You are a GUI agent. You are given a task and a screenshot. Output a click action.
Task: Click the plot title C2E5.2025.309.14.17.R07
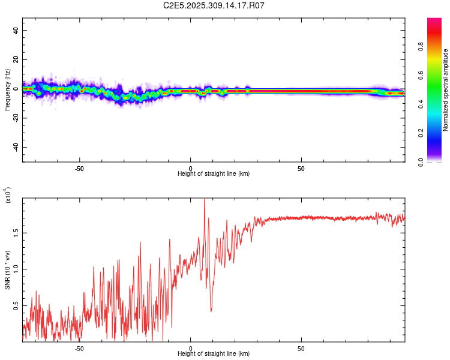pyautogui.click(x=214, y=5)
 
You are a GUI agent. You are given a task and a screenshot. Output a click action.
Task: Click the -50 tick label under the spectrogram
pyautogui.click(x=79, y=168)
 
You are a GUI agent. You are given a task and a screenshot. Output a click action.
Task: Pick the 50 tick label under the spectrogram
pyautogui.click(x=301, y=168)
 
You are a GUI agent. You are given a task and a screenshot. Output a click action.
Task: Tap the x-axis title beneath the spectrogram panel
pyautogui.click(x=214, y=174)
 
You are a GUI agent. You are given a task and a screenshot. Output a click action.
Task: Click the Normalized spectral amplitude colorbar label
pyautogui.click(x=446, y=90)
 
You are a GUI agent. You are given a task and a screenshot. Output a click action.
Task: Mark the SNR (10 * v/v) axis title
pyautogui.click(x=7, y=270)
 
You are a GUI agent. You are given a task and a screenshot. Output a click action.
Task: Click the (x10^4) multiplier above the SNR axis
pyautogui.click(x=7, y=195)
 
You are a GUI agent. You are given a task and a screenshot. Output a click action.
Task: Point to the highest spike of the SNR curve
pyautogui.click(x=205, y=199)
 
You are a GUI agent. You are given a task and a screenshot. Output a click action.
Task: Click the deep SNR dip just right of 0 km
pyautogui.click(x=211, y=311)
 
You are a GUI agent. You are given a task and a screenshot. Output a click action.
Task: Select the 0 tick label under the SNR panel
pyautogui.click(x=190, y=348)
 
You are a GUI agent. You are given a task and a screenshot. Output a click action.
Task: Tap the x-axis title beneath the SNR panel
pyautogui.click(x=214, y=354)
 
